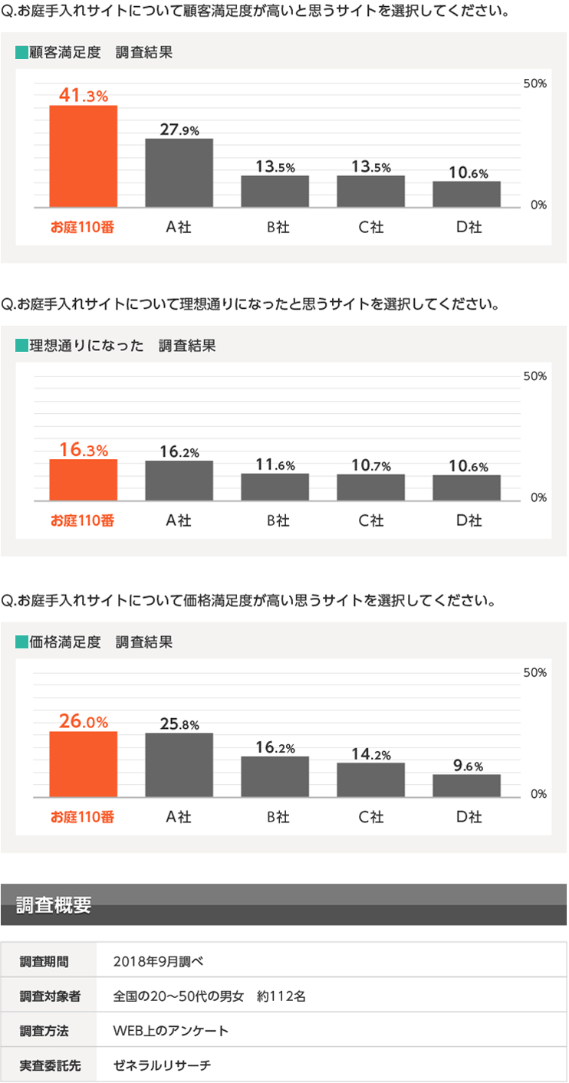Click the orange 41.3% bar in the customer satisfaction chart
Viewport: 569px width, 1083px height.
coord(84,156)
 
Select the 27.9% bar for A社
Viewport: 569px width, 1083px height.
coord(179,172)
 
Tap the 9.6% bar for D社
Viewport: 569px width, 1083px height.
coord(466,786)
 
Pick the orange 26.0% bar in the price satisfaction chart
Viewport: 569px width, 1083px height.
coord(84,764)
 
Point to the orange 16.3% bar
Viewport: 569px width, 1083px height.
coord(84,480)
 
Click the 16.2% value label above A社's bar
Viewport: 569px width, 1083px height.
coord(179,451)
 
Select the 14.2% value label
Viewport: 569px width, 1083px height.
coord(371,754)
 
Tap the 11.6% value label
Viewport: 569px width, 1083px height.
coord(275,464)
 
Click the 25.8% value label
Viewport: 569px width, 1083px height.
coord(179,724)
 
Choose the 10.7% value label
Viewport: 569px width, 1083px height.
coord(371,465)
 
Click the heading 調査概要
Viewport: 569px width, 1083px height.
coord(54,905)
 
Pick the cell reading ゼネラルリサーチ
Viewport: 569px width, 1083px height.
coord(162,1065)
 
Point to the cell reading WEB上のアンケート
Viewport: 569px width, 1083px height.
coord(170,1031)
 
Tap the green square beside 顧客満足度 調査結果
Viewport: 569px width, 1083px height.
coord(21,54)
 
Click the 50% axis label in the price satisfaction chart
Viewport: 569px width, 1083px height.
coord(534,673)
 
